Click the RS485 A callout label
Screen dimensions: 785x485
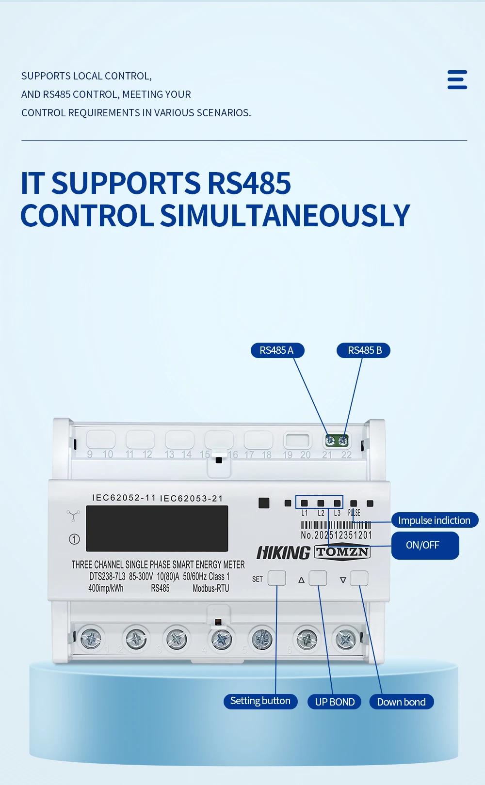click(277, 350)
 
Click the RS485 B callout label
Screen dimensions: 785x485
click(364, 350)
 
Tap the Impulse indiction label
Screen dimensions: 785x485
click(435, 520)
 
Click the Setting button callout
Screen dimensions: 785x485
click(260, 701)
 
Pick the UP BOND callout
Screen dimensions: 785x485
click(335, 702)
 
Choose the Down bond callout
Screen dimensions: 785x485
click(402, 702)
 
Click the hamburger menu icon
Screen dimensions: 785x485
click(457, 80)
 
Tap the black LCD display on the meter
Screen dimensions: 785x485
click(157, 529)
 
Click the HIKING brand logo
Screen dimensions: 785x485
click(283, 553)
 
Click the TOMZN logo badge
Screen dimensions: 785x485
click(342, 552)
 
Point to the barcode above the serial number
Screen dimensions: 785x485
click(336, 525)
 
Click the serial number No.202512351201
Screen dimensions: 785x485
click(336, 535)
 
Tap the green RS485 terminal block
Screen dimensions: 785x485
click(337, 440)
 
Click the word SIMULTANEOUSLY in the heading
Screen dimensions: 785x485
click(285, 216)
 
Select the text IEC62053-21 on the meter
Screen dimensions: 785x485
click(191, 499)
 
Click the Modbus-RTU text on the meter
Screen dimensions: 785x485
click(211, 589)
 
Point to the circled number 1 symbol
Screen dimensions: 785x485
click(74, 539)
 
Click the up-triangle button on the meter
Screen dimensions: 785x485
click(318, 578)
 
